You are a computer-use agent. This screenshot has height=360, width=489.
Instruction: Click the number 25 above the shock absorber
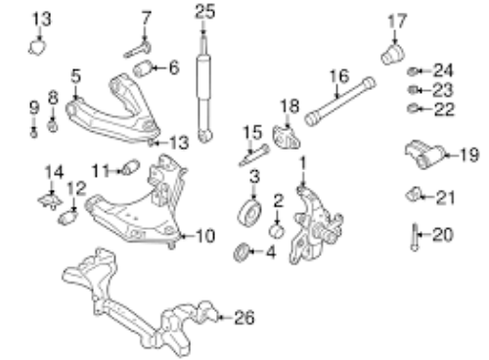203,12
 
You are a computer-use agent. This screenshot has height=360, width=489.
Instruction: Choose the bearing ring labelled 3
251,212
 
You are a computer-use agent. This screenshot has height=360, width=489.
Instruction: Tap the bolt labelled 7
135,42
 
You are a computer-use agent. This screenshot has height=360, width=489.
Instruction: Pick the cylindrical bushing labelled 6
144,68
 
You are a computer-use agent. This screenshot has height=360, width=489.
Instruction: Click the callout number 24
444,70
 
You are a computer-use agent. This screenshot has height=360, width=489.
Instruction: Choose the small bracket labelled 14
46,198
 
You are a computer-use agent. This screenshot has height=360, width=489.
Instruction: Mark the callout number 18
289,107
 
